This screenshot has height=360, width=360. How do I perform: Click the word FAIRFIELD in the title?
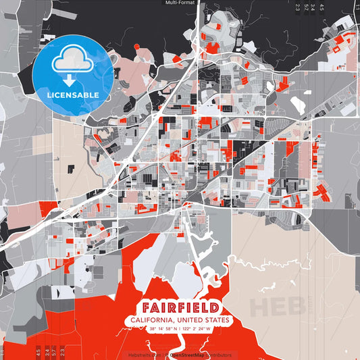pos(180,306)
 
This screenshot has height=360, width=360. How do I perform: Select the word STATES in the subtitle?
pos(215,319)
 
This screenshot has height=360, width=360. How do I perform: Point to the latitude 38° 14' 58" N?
pos(161,329)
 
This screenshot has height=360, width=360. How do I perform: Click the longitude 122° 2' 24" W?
pos(199,329)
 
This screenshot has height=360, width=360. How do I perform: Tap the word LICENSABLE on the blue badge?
pos(73,95)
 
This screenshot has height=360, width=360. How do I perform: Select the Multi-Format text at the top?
pos(180,3)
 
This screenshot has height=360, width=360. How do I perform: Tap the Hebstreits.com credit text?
pos(146,355)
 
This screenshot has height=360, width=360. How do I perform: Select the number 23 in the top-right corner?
pos(297,7)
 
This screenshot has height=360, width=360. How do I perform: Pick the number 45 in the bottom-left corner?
pos(38,352)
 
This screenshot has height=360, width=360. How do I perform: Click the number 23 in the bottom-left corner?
pos(63,352)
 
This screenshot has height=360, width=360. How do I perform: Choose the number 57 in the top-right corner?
pos(305,7)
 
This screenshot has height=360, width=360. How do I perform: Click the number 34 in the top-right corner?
pos(314,7)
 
